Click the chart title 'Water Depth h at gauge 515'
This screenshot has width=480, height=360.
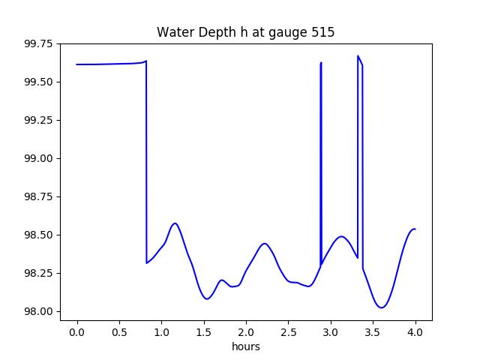pyautogui.click(x=245, y=32)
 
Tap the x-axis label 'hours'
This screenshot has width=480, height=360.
pyautogui.click(x=246, y=346)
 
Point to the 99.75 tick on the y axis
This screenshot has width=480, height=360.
pyautogui.click(x=38, y=43)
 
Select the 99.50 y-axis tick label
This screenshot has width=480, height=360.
pyautogui.click(x=38, y=82)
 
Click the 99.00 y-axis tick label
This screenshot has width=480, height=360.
pyautogui.click(x=38, y=158)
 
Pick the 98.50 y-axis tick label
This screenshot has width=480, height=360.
pyautogui.click(x=38, y=235)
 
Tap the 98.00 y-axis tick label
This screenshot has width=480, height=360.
pyautogui.click(x=38, y=311)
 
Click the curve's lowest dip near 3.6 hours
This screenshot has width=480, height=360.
pyautogui.click(x=382, y=307)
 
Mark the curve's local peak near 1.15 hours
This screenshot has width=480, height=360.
pyautogui.click(x=175, y=223)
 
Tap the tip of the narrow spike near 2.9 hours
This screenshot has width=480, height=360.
pyautogui.click(x=321, y=63)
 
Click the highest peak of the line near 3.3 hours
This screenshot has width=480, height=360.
pyautogui.click(x=358, y=55)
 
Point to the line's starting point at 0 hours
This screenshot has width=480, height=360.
pyautogui.click(x=77, y=64)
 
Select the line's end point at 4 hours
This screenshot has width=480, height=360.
pyautogui.click(x=415, y=229)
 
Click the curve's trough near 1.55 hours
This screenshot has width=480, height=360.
pyautogui.click(x=207, y=299)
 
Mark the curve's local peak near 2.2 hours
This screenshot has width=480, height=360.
pyautogui.click(x=264, y=243)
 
